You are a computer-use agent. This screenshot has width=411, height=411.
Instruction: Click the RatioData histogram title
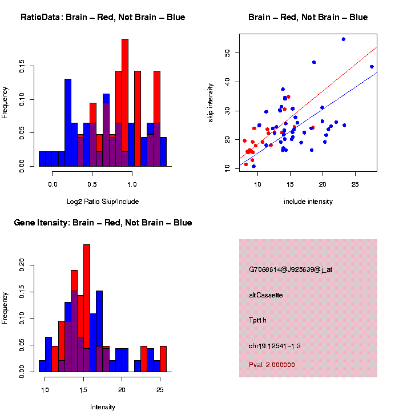[x=103, y=17]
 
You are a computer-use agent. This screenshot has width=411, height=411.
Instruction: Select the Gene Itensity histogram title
[x=103, y=223]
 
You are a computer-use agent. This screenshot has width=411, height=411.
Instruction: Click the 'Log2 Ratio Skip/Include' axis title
[x=103, y=202]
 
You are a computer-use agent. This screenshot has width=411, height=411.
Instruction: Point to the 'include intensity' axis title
[x=308, y=202]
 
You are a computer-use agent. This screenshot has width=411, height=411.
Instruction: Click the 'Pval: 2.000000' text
[x=272, y=365]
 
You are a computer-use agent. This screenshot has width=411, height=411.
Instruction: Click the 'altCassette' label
[x=265, y=295]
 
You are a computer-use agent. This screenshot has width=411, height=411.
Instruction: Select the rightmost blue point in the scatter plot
[x=372, y=67]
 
